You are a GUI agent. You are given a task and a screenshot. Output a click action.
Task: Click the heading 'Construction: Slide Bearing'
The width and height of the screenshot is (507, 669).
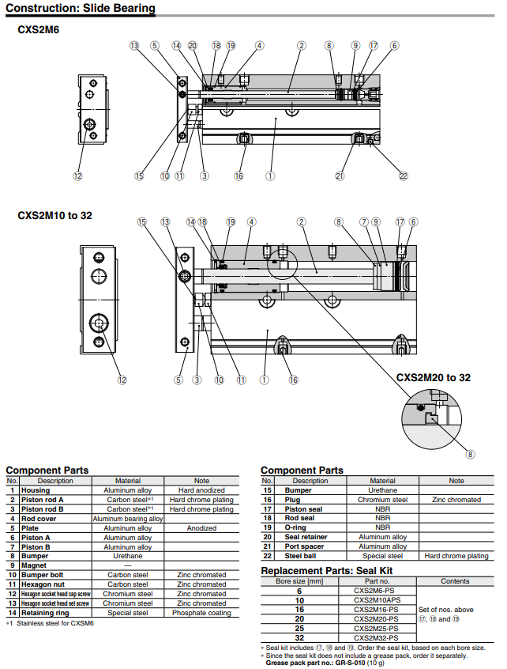(x=80, y=9)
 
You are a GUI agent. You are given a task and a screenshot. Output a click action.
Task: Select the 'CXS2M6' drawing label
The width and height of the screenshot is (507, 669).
(x=38, y=30)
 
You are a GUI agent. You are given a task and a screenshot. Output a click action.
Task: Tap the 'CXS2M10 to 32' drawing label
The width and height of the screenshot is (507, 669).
(x=54, y=215)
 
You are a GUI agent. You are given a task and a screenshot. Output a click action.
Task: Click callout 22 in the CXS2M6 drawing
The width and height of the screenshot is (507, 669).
(x=404, y=176)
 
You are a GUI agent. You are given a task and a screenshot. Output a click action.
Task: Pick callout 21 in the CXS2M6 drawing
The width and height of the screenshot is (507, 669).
(x=340, y=176)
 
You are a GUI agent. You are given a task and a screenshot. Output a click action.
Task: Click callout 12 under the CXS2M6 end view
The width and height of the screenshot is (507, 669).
(x=77, y=176)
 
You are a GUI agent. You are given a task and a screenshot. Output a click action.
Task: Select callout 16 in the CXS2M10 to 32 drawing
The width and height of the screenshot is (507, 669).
(x=293, y=380)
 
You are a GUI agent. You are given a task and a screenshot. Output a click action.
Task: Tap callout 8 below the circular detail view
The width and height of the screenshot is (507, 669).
(x=470, y=454)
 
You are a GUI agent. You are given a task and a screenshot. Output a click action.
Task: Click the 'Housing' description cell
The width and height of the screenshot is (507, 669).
(x=35, y=490)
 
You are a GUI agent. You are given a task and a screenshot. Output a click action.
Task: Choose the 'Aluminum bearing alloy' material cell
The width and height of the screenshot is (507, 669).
(x=128, y=519)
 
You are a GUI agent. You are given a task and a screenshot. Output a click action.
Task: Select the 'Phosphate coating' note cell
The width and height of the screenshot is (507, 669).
(x=201, y=613)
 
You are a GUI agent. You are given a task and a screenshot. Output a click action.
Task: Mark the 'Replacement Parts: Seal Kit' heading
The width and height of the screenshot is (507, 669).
(x=327, y=570)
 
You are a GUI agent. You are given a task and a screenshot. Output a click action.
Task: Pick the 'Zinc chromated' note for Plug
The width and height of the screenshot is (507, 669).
(x=456, y=500)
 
